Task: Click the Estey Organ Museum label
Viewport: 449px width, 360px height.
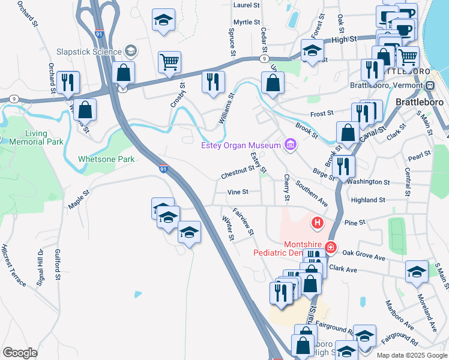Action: pos(241,145)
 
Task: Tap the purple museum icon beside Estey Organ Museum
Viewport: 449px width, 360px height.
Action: pos(291,145)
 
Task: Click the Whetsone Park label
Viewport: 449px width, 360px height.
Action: pos(106,159)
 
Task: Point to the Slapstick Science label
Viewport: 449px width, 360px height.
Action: pos(89,52)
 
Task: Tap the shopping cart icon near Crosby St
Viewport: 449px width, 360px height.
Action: pos(170,62)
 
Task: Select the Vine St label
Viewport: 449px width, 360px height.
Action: pos(238,192)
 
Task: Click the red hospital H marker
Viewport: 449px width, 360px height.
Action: pos(317,224)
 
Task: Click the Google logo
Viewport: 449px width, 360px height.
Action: pos(20,353)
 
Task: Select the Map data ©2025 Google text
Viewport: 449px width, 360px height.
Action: pos(412,355)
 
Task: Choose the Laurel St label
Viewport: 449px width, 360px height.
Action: pos(246,5)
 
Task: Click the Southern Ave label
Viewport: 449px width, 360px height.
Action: pos(312,195)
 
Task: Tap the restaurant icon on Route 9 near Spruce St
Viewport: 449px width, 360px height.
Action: pos(213,82)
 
